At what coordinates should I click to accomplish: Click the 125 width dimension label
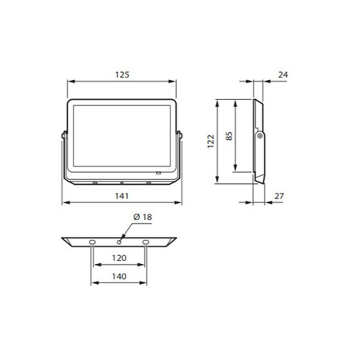122,74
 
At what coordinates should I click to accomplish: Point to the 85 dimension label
229,137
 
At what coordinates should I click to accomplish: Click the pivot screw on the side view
259,137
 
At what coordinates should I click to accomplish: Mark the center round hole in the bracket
119,241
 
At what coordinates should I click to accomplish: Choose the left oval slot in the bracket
94,241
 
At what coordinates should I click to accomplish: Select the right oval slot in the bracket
146,241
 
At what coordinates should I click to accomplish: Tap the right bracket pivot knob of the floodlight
181,134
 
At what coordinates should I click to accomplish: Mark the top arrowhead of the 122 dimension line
219,102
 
